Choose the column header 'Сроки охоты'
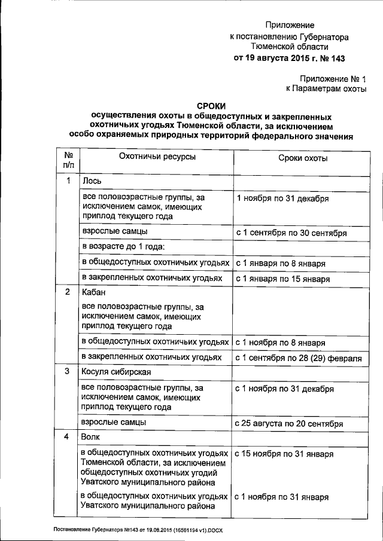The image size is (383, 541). tap(303, 157)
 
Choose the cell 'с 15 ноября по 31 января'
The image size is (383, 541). tap(284, 454)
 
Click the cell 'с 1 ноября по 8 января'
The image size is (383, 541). tap(280, 343)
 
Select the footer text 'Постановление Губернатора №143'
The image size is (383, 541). tap(96, 530)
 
